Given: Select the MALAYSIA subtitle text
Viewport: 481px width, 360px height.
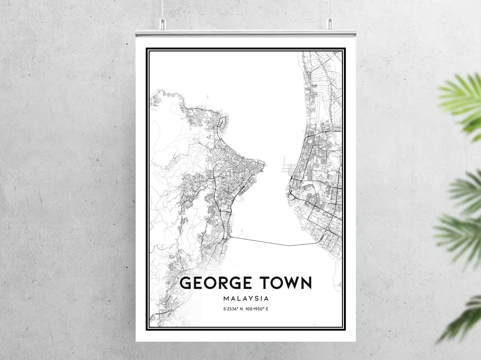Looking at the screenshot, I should click(246, 298).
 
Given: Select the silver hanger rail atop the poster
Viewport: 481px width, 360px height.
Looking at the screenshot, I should click(246, 33).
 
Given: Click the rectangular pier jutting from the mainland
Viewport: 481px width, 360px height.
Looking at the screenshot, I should click(284, 163).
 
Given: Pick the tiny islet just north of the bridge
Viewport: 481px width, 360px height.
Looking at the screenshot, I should click(242, 231).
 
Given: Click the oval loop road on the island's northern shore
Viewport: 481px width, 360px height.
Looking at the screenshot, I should click(222, 123).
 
